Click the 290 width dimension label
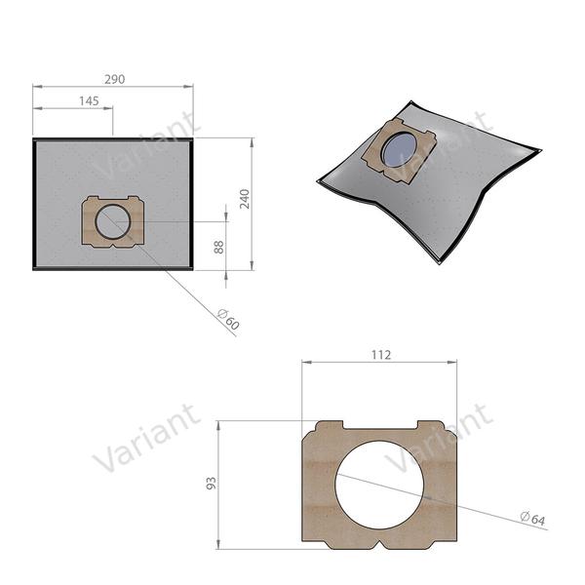tap(113, 78)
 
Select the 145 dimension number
tap(89, 101)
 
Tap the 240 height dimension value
tap(244, 199)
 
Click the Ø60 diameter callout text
tap(227, 317)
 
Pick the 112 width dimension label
tap(381, 355)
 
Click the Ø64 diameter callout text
tap(531, 516)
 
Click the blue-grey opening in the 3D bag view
tap(399, 150)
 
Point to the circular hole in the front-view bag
tap(112, 221)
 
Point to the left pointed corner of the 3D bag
tap(321, 180)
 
